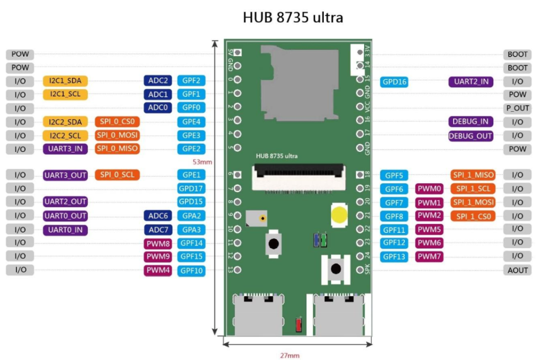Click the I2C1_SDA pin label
(x=65, y=81)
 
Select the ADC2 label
(x=158, y=80)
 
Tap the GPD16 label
(x=394, y=82)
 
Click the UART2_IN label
(x=471, y=82)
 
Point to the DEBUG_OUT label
(x=471, y=136)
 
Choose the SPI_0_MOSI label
(x=117, y=135)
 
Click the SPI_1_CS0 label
(x=473, y=216)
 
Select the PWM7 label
(x=429, y=257)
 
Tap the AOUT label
(x=518, y=270)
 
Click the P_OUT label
(x=518, y=108)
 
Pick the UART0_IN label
(x=65, y=230)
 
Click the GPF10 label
(x=191, y=271)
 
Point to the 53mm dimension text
(x=202, y=162)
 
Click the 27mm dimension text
(x=290, y=355)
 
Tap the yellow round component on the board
(x=339, y=215)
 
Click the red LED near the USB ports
(x=299, y=325)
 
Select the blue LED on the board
(x=316, y=240)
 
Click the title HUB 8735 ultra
(x=293, y=17)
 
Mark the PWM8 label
(x=158, y=244)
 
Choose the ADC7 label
(x=158, y=230)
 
